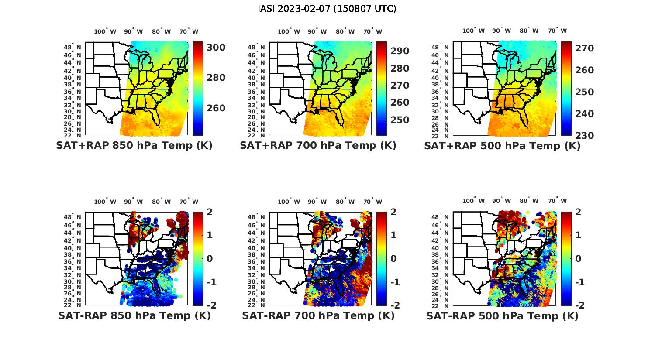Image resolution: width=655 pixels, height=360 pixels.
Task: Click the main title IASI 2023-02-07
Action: (327, 9)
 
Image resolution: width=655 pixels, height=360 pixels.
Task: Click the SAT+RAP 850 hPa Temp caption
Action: (134, 146)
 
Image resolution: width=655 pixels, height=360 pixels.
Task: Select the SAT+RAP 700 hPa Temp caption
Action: (318, 146)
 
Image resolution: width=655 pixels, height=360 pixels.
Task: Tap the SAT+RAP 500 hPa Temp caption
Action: (502, 146)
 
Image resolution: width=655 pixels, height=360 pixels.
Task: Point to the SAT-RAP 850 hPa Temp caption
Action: (134, 315)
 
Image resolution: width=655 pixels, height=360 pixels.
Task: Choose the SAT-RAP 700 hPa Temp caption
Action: (318, 315)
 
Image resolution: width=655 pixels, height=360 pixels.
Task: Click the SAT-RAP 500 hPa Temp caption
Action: (502, 316)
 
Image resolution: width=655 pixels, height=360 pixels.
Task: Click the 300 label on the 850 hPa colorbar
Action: (216, 47)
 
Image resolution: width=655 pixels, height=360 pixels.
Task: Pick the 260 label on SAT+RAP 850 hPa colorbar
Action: (216, 108)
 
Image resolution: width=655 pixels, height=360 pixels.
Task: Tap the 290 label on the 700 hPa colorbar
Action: (400, 51)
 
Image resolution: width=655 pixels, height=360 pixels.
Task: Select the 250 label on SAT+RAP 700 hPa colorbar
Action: (400, 120)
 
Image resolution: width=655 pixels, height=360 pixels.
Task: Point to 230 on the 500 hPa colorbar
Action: (584, 135)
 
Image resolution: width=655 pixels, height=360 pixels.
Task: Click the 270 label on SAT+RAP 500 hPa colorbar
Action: (584, 48)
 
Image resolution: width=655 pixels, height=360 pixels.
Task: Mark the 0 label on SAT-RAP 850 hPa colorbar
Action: (210, 258)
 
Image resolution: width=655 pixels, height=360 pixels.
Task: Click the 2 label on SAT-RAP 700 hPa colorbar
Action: (393, 212)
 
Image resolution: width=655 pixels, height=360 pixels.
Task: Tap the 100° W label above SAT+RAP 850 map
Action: (105, 31)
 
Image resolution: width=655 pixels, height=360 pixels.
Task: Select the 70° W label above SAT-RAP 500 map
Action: (557, 201)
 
